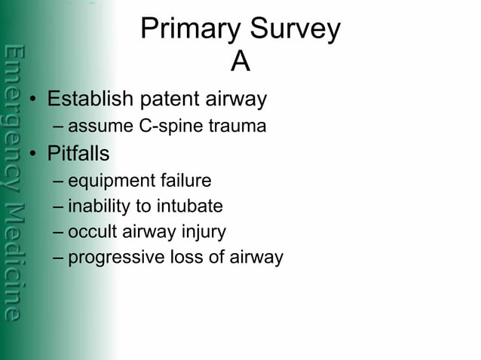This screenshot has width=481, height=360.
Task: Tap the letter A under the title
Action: pyautogui.click(x=240, y=63)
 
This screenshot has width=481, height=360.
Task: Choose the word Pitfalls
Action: pyautogui.click(x=78, y=154)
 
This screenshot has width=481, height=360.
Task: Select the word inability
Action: pyautogui.click(x=97, y=206)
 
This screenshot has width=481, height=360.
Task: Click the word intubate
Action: pyautogui.click(x=193, y=206)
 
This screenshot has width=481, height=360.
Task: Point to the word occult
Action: pyautogui.click(x=90, y=232)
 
